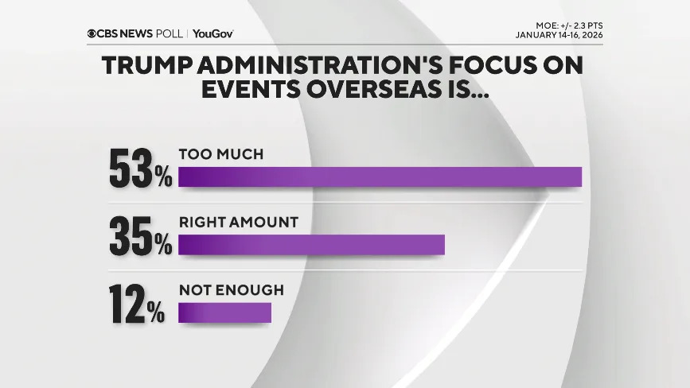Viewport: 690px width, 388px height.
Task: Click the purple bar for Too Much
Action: [x=380, y=177]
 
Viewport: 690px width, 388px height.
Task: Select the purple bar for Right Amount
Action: [x=311, y=245]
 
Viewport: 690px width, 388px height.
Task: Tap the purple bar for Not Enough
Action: [x=224, y=312]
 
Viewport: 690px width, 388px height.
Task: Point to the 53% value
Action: [x=140, y=169]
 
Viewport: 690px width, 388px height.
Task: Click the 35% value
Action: [x=140, y=236]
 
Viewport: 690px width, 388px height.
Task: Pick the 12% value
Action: [x=137, y=305]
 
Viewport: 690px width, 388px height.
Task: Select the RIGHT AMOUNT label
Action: [x=238, y=223]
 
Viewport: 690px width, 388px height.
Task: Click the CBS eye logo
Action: [x=92, y=33]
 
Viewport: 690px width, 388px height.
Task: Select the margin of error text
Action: [x=564, y=25]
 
